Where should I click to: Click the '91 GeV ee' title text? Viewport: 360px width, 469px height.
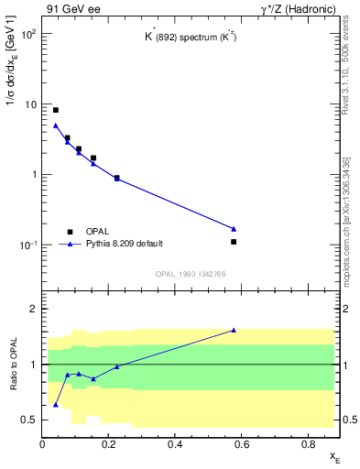click(71, 10)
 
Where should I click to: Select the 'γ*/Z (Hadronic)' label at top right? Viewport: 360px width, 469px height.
click(300, 10)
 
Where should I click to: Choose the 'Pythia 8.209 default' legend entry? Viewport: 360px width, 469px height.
click(124, 244)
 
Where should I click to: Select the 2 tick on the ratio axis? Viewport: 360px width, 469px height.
click(33, 309)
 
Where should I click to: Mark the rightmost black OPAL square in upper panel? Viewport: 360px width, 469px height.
click(234, 242)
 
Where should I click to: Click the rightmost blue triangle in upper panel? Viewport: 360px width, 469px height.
click(234, 228)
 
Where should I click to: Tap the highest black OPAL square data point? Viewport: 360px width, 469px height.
click(56, 110)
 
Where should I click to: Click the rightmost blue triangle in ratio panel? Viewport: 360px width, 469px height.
click(234, 330)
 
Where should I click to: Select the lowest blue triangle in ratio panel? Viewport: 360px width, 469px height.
click(56, 404)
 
